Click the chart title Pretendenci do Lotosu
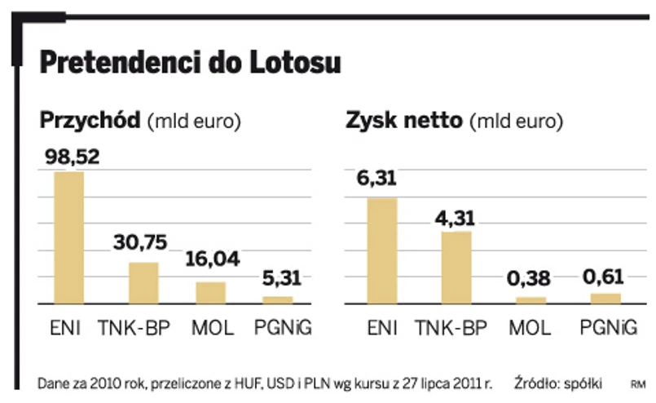[x=190, y=62]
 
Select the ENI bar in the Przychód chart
[x=69, y=237]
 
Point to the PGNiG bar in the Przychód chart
[x=278, y=299]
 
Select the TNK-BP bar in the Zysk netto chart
[x=456, y=268]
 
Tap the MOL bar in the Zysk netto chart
[x=531, y=300]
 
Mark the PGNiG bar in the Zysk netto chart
[x=605, y=298]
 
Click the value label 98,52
[x=69, y=157]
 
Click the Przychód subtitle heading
[x=140, y=122]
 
